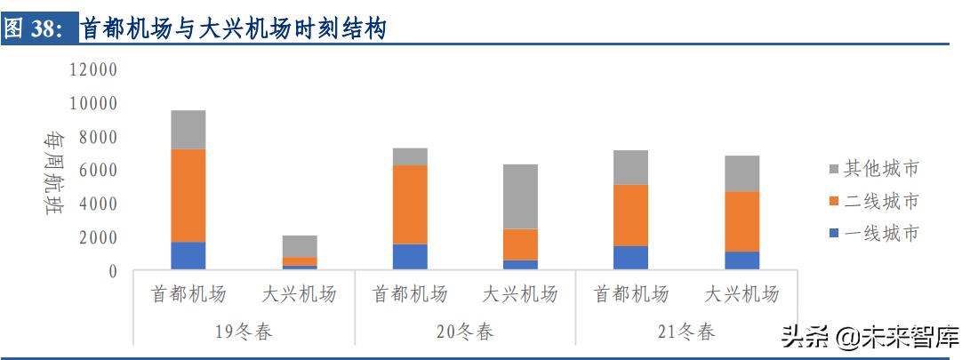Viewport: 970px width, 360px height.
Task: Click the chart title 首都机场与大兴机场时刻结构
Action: (234, 28)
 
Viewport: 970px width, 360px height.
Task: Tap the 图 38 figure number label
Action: (34, 28)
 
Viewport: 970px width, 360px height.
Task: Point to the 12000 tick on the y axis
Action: (93, 69)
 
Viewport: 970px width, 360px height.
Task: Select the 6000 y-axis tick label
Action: (98, 171)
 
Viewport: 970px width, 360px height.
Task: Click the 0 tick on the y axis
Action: (112, 271)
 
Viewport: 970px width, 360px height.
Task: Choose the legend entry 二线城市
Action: (881, 202)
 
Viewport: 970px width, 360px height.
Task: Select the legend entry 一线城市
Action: (881, 235)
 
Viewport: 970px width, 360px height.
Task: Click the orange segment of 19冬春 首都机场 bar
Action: (188, 196)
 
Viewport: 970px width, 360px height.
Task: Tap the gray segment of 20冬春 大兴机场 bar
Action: (520, 196)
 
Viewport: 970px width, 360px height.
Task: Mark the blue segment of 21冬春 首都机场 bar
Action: (630, 258)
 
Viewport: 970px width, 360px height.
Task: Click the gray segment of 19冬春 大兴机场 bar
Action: (299, 246)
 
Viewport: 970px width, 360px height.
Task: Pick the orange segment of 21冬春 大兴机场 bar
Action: (741, 221)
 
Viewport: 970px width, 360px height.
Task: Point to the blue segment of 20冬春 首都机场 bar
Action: (409, 257)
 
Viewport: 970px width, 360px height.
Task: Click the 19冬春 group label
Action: (244, 332)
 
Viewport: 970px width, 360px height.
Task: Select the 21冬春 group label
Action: (685, 332)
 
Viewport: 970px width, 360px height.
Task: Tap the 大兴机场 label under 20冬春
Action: (520, 294)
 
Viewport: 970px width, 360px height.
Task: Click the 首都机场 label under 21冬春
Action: (630, 294)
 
